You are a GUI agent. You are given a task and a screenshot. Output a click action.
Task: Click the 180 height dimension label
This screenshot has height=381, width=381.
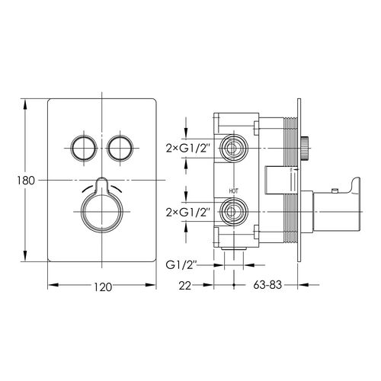click(26, 181)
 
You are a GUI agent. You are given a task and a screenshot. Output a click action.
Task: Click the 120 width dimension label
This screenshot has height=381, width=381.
click(103, 287)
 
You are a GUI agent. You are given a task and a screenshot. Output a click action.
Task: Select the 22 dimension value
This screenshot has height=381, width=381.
click(185, 286)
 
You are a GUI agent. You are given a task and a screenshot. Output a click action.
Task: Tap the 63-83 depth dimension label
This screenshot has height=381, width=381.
click(267, 285)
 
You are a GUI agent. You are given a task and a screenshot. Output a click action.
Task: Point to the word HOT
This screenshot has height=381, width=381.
click(234, 191)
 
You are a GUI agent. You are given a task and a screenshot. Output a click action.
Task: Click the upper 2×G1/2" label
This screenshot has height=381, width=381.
click(189, 148)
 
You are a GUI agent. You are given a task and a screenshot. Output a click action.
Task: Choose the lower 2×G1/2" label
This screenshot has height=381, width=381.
click(189, 212)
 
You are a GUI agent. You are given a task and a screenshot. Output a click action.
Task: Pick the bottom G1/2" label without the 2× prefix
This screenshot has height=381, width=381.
click(181, 265)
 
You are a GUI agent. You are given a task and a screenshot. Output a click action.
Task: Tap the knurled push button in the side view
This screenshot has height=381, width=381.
click(305, 149)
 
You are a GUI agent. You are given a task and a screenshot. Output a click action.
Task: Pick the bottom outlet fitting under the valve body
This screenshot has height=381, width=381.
click(234, 249)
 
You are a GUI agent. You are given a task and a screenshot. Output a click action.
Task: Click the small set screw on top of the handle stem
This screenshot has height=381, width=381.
click(335, 190)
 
